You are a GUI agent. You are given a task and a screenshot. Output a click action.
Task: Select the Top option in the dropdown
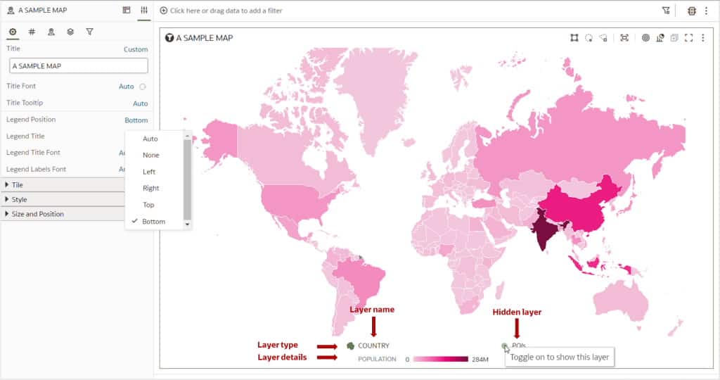[148, 205]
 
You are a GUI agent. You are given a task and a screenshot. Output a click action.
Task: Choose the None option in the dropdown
[150, 155]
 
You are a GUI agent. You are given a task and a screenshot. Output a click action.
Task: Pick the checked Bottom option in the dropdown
[153, 222]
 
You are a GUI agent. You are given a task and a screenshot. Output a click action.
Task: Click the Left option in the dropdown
[149, 172]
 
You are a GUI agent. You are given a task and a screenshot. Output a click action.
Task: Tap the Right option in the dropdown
[150, 188]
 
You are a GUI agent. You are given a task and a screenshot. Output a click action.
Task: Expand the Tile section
[18, 184]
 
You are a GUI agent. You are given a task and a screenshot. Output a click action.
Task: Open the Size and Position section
[37, 214]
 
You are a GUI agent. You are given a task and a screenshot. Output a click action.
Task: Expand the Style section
[19, 199]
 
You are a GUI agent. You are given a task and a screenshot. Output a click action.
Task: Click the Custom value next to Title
[136, 49]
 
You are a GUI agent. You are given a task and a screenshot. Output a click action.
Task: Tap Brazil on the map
[361, 277]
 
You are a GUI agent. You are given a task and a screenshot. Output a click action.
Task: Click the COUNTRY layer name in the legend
[373, 346]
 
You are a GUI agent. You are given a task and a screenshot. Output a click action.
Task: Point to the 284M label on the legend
[480, 360]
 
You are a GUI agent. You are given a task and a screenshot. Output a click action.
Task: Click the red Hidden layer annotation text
[517, 312]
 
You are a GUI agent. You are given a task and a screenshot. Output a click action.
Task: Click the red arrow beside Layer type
[328, 346]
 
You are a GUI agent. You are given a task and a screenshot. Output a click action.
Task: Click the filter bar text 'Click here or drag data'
[226, 11]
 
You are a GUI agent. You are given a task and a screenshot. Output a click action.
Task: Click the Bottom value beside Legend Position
[136, 120]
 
